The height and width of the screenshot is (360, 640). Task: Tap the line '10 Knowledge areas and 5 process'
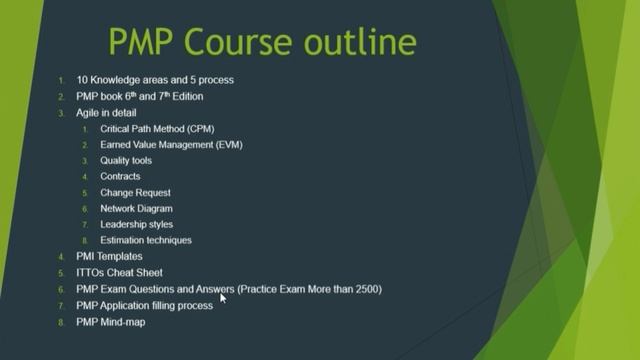click(154, 80)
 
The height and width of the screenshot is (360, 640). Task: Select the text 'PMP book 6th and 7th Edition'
click(139, 97)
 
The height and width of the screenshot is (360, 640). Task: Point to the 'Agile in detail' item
click(106, 113)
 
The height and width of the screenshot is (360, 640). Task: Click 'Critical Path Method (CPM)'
click(157, 129)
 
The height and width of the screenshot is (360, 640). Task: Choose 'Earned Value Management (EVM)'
click(171, 145)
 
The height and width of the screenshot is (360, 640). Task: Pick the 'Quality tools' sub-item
click(126, 161)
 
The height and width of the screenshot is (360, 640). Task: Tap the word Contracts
click(120, 177)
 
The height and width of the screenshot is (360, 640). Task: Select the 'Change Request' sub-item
click(135, 193)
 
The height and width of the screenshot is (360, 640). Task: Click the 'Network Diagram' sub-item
click(136, 209)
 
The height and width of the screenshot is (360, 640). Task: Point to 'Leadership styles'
click(137, 225)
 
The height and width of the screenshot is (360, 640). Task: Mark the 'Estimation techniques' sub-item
click(146, 241)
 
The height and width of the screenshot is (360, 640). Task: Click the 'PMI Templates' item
click(109, 257)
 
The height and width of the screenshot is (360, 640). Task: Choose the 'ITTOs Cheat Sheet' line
click(119, 273)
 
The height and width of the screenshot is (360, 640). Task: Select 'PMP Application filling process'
click(144, 305)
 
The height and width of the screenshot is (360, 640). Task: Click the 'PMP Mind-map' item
click(110, 322)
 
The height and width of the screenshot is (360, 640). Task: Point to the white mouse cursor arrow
click(224, 296)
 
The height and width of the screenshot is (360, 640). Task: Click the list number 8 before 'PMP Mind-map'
click(61, 322)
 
